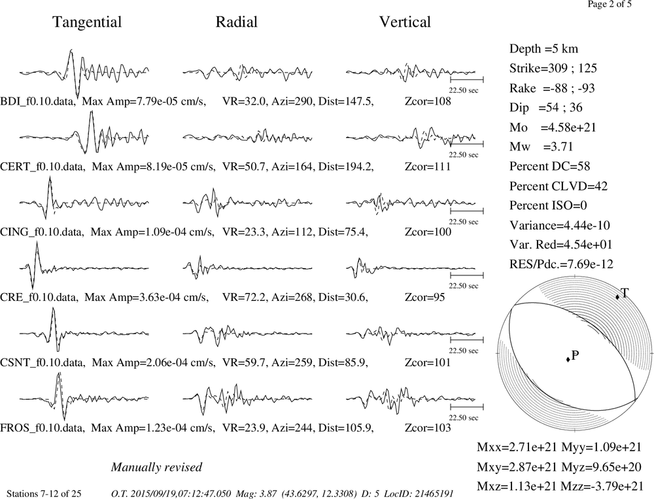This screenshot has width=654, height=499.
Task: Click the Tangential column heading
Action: pyautogui.click(x=87, y=22)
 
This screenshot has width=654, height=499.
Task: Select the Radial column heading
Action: pyautogui.click(x=237, y=22)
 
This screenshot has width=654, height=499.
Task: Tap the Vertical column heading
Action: pyautogui.click(x=405, y=22)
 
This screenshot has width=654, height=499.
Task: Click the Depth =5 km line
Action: pyautogui.click(x=544, y=49)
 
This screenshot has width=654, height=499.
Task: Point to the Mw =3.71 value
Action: pyautogui.click(x=542, y=147)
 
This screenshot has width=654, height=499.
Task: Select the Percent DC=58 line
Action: pyautogui.click(x=550, y=167)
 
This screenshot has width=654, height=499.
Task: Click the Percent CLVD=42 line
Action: pyautogui.click(x=559, y=186)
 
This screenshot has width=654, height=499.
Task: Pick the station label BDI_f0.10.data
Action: pyautogui.click(x=39, y=101)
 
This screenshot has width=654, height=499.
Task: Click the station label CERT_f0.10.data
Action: pyautogui.click(x=43, y=167)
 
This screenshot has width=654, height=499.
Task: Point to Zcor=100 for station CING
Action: pyautogui.click(x=428, y=232)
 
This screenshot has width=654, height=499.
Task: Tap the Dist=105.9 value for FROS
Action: pyautogui.click(x=346, y=428)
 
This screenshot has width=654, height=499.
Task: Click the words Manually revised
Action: pyautogui.click(x=156, y=468)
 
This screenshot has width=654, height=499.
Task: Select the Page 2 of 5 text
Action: pyautogui.click(x=610, y=4)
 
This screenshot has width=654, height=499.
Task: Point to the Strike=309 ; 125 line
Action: pyautogui.click(x=553, y=69)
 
